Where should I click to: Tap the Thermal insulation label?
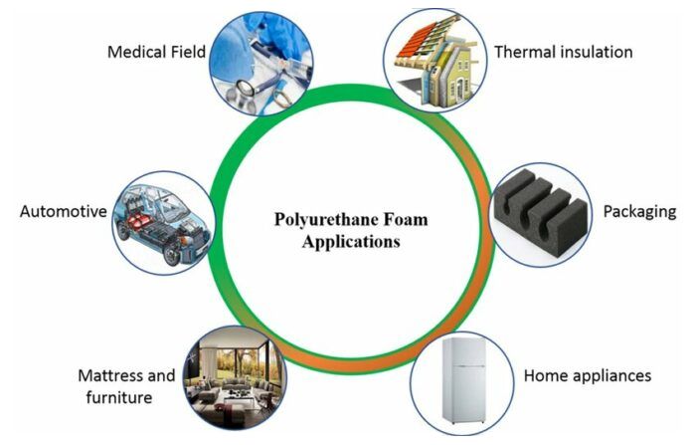coord(563,51)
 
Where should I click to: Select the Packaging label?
coord(639,211)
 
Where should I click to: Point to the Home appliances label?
coord(587,375)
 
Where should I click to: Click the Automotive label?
coord(63,211)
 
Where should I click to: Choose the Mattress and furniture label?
coord(125,386)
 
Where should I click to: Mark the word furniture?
coord(115,398)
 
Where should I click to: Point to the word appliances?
coord(613,376)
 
